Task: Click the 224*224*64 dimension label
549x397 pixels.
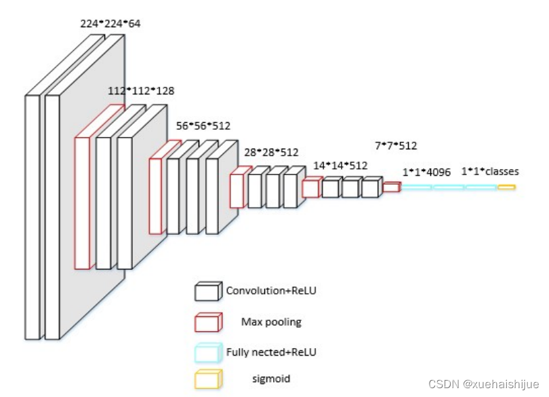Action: click(x=110, y=24)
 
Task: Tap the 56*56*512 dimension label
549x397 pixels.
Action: click(x=203, y=126)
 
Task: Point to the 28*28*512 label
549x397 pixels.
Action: click(x=271, y=152)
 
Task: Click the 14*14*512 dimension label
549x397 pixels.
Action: click(x=340, y=165)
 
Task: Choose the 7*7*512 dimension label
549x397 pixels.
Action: click(x=396, y=146)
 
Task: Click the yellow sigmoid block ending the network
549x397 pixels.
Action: click(x=506, y=187)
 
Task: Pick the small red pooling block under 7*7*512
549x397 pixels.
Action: click(x=391, y=187)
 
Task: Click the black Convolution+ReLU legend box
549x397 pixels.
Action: click(x=207, y=292)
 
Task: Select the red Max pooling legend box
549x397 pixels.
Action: click(x=207, y=322)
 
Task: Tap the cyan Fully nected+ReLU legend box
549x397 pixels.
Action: click(x=207, y=352)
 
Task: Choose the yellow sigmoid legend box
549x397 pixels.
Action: click(x=207, y=379)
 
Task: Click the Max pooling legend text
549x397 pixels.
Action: click(x=271, y=322)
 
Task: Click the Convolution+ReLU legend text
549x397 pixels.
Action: click(x=271, y=291)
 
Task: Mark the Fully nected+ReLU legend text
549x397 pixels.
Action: click(x=271, y=352)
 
